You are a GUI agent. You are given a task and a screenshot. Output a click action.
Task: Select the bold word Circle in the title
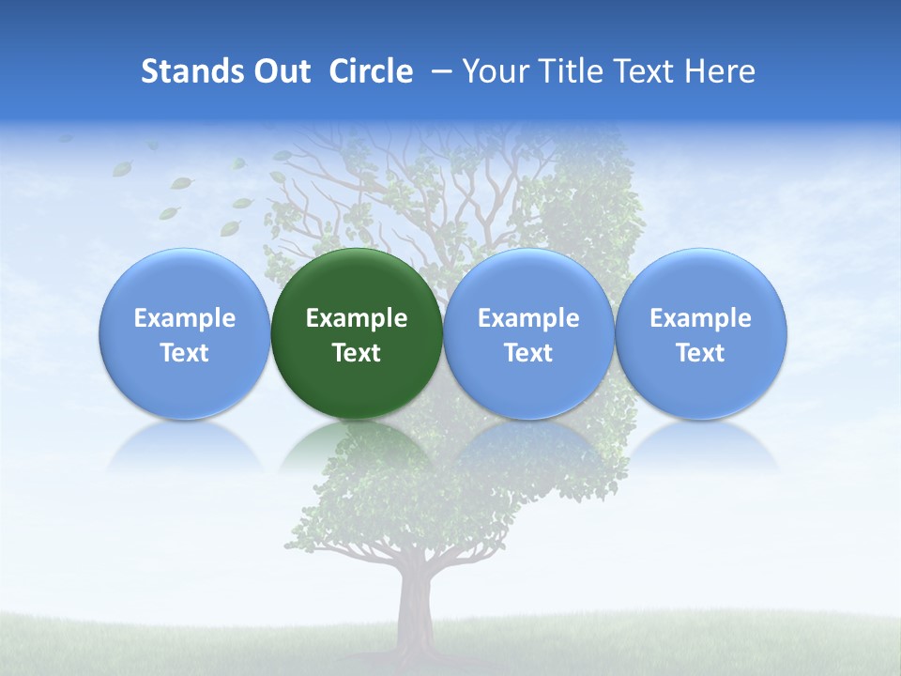(x=371, y=71)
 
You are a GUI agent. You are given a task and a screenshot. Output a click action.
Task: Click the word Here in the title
(x=720, y=71)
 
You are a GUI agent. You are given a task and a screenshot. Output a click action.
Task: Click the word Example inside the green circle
(x=357, y=318)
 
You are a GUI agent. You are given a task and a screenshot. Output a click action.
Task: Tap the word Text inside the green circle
(x=357, y=353)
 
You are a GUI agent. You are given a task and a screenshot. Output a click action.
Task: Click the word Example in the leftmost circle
(x=184, y=318)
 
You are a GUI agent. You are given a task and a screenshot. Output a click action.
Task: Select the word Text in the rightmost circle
(x=700, y=353)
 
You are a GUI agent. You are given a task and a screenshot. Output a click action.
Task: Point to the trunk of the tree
(x=414, y=610)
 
